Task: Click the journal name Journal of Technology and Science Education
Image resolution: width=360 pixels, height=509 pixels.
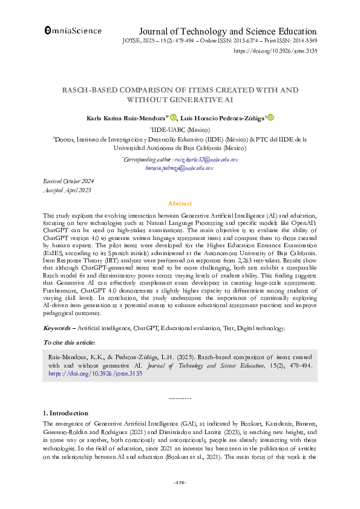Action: tap(227, 31)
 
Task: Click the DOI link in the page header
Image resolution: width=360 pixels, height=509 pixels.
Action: tap(275, 52)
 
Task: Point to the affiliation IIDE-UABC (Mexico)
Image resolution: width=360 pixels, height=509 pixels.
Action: tap(180, 129)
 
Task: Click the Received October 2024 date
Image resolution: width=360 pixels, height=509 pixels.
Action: tap(68, 181)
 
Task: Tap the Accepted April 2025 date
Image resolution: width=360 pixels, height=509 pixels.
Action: tap(67, 190)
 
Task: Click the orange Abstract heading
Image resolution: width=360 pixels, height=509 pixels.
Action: tap(180, 204)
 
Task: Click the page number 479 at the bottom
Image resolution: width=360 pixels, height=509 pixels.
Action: tap(180, 482)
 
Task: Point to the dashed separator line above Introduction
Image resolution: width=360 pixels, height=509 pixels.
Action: tap(180, 398)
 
